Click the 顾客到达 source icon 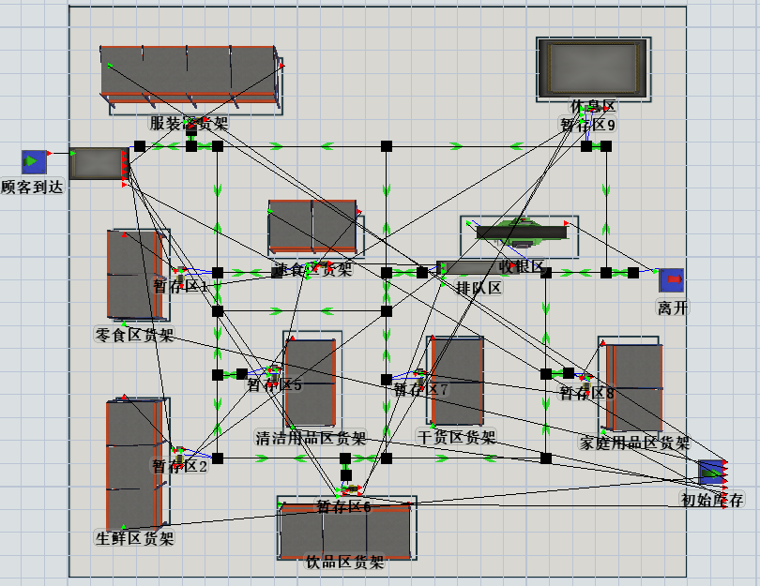[x=35, y=162]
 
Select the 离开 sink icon [x=670, y=280]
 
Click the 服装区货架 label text [x=189, y=123]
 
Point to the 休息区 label [x=593, y=107]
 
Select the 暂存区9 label [x=588, y=125]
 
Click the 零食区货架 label [x=134, y=335]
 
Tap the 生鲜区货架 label [x=135, y=538]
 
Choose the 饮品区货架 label [x=345, y=563]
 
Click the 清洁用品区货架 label [x=311, y=438]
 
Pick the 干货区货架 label [x=456, y=436]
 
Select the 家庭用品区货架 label [x=634, y=443]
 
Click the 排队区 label [x=479, y=288]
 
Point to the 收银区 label [x=522, y=267]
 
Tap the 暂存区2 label [x=180, y=466]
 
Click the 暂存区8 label [x=586, y=394]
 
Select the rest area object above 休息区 [x=593, y=68]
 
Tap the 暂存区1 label [x=180, y=287]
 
